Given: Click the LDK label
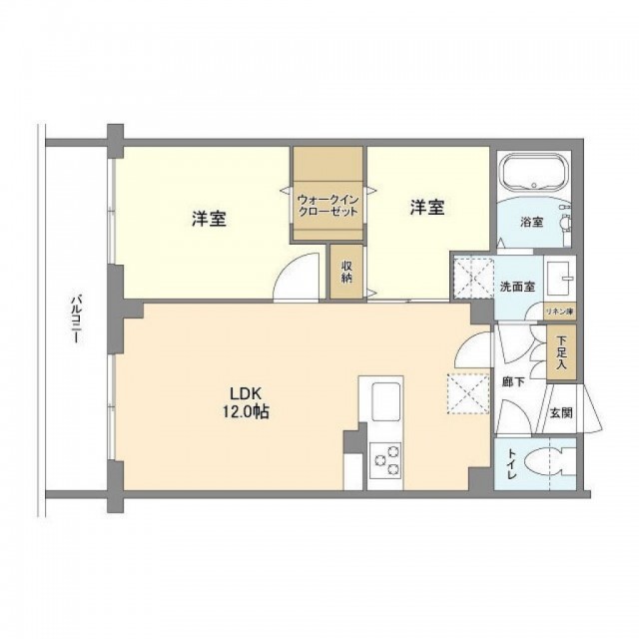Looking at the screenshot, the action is tap(246, 394).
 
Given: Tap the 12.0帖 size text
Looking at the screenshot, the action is tap(246, 412).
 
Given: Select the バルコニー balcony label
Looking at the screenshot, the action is tap(76, 319).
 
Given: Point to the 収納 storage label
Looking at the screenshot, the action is tap(346, 272).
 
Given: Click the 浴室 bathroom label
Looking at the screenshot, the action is tap(531, 222).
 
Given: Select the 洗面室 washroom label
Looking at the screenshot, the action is tap(517, 287).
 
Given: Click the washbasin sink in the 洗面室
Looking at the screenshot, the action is tap(560, 279).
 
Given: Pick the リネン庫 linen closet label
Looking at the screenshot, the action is tap(559, 313).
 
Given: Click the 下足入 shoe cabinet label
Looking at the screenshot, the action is tap(561, 351).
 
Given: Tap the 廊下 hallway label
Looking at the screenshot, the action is tap(513, 381).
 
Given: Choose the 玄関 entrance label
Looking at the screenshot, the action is tap(561, 412).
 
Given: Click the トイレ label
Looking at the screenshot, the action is tap(512, 463).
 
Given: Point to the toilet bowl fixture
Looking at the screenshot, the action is tap(550, 463).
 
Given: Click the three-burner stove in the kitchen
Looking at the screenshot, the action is tap(385, 460).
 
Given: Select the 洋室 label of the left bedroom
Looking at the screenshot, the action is tap(209, 219).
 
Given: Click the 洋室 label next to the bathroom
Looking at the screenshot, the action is tap(427, 208).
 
